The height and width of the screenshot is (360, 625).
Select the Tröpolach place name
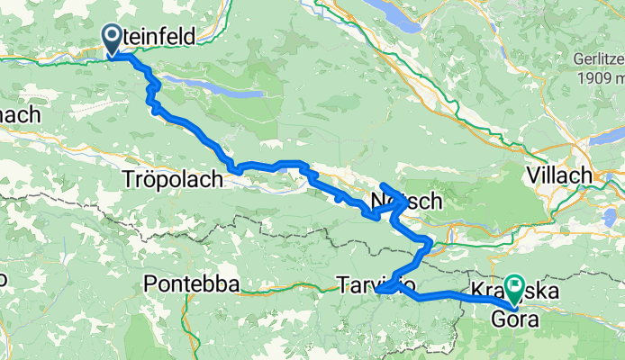(170, 180)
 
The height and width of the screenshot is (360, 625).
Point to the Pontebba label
(191, 285)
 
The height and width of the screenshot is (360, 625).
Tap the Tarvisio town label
(376, 284)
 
